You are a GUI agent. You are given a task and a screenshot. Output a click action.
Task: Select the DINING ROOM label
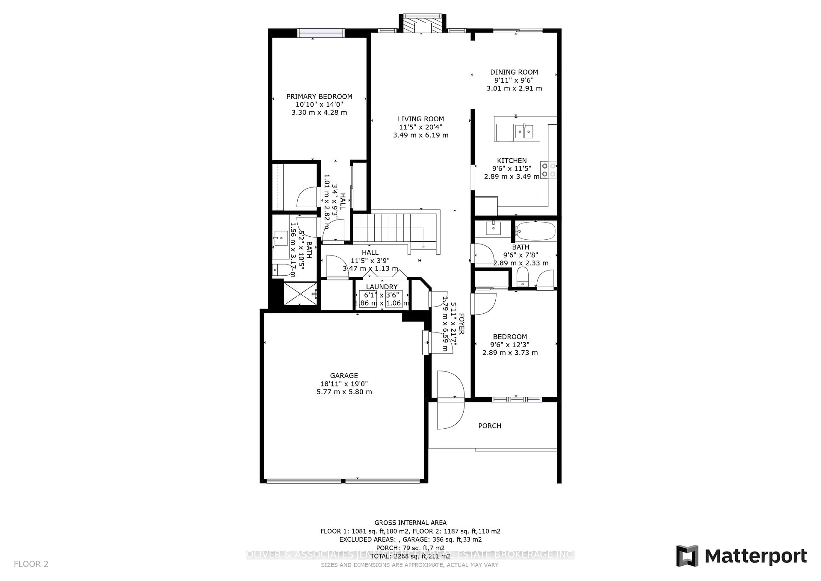point(514,72)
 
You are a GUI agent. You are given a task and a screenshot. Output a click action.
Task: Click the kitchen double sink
point(524,131)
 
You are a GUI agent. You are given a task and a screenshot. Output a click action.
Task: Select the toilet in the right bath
point(522,277)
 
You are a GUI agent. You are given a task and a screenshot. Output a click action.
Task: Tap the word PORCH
point(490,426)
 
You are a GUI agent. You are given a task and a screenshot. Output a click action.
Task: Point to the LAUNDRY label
point(382,287)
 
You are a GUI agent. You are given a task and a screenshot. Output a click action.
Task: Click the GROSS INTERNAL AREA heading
point(410,523)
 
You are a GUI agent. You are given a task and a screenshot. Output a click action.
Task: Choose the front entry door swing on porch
point(450,415)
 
